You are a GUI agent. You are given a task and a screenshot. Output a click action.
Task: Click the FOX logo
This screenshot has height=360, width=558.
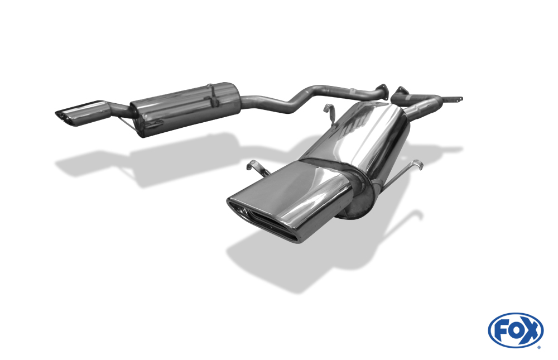point(516,330)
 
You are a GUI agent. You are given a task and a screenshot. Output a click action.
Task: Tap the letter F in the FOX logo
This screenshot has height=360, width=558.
point(501,331)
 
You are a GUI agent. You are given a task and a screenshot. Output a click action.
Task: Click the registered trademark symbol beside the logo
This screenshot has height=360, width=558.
point(539,347)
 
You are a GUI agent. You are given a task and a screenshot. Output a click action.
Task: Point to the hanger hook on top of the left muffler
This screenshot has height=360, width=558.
point(213,95)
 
